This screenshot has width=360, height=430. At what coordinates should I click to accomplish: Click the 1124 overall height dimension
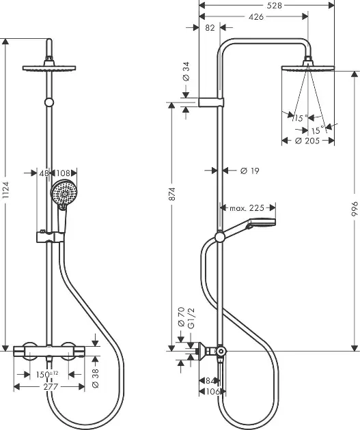pos(5,190)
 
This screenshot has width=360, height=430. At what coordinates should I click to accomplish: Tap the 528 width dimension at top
pos(274,5)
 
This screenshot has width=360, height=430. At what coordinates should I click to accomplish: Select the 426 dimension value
pos(256,17)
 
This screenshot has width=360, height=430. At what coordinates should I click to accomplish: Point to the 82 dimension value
pos(210,28)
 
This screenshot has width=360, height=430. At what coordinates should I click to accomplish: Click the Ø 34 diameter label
pos(186,71)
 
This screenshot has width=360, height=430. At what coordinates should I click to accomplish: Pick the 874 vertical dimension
pos(172,194)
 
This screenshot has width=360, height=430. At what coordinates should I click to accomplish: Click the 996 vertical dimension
pos(355,209)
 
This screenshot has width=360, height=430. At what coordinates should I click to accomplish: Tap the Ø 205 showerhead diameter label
pos(307,141)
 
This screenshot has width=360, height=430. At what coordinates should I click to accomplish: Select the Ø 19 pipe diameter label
pos(250,171)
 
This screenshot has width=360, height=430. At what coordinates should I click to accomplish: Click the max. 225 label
pos(247,208)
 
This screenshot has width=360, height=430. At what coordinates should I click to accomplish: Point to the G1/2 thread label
pos(191,318)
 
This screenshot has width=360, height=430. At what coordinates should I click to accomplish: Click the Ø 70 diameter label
pos(182,317)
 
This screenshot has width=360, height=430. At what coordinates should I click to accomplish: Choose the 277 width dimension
pos(51,387)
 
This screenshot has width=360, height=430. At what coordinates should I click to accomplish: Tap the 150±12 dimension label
pos(47,374)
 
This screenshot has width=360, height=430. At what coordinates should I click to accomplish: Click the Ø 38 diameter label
pos(96,378)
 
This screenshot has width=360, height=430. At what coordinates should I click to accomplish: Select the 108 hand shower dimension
pos(63,173)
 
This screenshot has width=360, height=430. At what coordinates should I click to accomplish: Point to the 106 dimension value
pos(213,392)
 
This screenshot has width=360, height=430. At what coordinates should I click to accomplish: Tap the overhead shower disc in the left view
pos(49,68)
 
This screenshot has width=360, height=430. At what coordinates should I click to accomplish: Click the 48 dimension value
pos(44,173)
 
